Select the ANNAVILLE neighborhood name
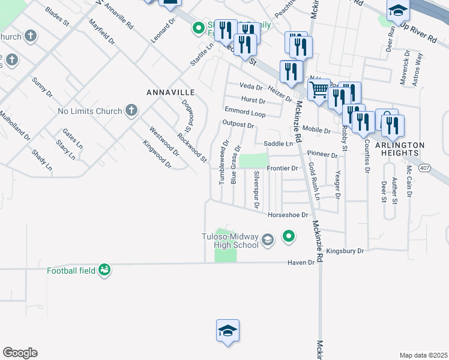171,92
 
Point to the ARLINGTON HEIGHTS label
400,149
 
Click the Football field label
71,271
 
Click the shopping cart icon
319,90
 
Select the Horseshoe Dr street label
288,214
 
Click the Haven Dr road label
301,262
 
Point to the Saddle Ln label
278,144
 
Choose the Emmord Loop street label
245,112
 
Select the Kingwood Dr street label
157,154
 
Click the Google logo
20,353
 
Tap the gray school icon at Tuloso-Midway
268,241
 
